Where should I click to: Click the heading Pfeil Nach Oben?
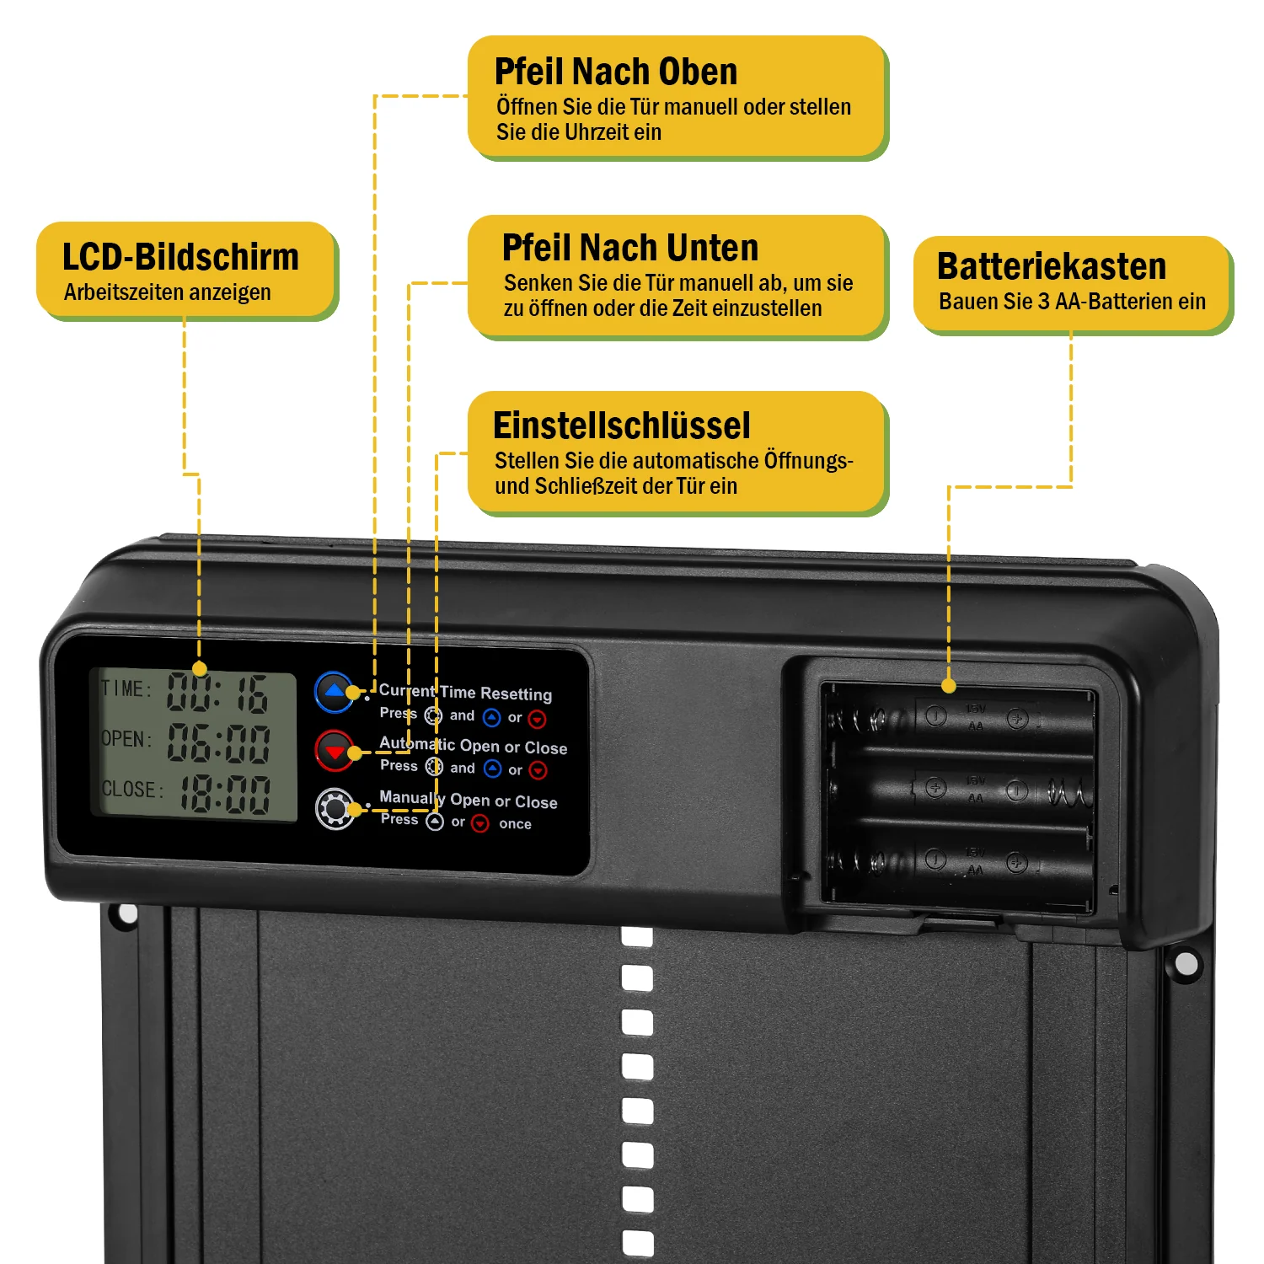(615, 72)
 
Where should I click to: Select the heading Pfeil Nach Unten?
(629, 248)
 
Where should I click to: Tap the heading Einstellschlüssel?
(621, 426)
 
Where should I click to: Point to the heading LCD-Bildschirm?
(180, 257)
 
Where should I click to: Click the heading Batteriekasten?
(1051, 266)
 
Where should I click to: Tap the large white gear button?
(335, 809)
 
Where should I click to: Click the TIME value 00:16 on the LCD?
(217, 693)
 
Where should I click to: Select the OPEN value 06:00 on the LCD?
(218, 742)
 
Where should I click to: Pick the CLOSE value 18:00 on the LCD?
(224, 794)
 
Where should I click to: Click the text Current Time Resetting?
(465, 692)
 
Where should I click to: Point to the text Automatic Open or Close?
(473, 746)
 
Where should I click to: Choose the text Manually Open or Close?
(468, 799)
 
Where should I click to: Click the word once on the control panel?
(515, 824)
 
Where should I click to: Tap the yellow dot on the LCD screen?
(200, 669)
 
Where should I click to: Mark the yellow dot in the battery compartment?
(949, 686)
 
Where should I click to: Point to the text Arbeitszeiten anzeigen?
(167, 292)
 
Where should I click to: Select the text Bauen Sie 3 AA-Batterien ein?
(1072, 301)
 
